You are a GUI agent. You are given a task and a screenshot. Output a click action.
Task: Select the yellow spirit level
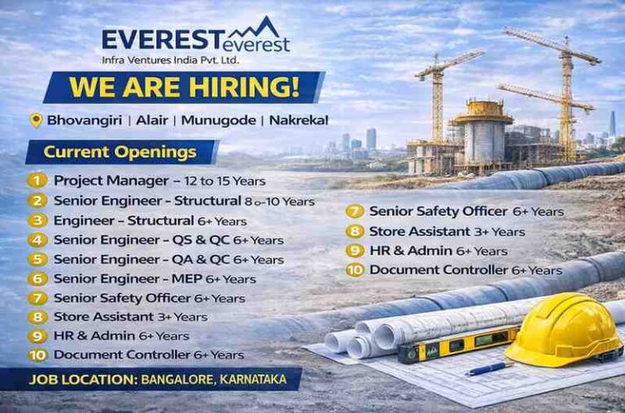click(456, 343)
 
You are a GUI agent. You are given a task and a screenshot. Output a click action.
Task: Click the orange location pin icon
click(35, 120)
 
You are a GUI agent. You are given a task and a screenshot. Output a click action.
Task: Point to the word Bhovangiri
click(85, 120)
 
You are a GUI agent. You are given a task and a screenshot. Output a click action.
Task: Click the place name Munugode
click(216, 120)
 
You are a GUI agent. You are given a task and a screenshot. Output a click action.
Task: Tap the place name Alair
click(153, 120)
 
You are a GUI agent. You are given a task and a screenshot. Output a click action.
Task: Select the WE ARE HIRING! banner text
click(184, 86)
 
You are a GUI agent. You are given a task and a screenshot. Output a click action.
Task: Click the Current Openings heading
click(120, 152)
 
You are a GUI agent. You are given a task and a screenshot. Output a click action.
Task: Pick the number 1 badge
click(37, 180)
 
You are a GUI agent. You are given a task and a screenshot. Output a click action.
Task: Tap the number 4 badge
click(37, 239)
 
